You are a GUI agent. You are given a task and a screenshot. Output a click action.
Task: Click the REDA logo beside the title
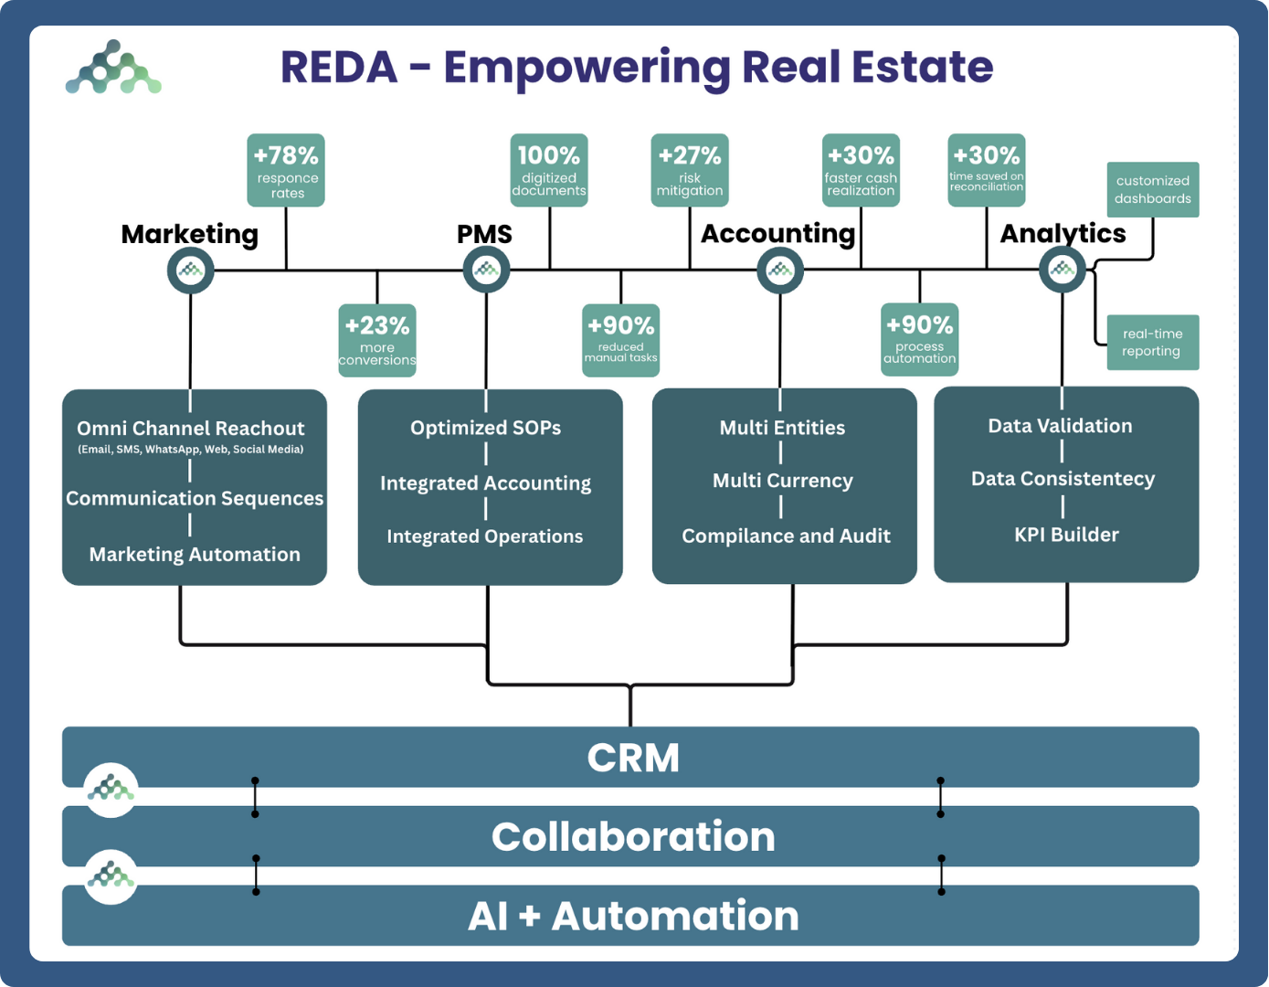tap(113, 67)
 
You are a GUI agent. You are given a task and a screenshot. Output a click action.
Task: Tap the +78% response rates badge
tap(286, 170)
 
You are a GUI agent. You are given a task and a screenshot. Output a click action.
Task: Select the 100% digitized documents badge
tap(549, 170)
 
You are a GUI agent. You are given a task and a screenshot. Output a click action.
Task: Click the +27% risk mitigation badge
tap(690, 170)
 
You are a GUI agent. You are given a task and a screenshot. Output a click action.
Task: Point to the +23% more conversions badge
tap(377, 341)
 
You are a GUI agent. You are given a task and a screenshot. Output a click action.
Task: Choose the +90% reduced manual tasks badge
tap(620, 341)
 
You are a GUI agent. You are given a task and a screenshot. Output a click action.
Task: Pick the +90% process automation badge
tap(920, 339)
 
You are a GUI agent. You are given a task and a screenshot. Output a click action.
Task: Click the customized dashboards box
tap(1153, 190)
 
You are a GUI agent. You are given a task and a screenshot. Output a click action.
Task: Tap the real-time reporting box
tap(1153, 342)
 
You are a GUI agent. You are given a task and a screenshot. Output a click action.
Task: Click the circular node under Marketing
tap(190, 271)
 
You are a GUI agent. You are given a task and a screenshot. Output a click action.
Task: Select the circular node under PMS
tap(486, 270)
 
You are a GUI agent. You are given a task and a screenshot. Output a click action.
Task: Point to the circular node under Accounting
tap(780, 271)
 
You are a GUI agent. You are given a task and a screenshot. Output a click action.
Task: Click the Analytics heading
tap(1063, 234)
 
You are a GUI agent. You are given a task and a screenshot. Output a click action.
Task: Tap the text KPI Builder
tap(1066, 535)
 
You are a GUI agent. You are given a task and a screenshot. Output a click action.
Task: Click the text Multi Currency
tap(783, 481)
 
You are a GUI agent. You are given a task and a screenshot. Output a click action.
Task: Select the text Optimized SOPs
tap(486, 428)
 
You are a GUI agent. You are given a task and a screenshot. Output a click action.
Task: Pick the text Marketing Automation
tap(195, 555)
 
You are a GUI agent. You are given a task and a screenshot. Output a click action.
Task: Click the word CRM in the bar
tap(633, 758)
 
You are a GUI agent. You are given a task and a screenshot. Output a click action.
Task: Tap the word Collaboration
tap(633, 836)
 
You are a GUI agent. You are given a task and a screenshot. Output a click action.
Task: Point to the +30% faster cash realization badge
tap(861, 170)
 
